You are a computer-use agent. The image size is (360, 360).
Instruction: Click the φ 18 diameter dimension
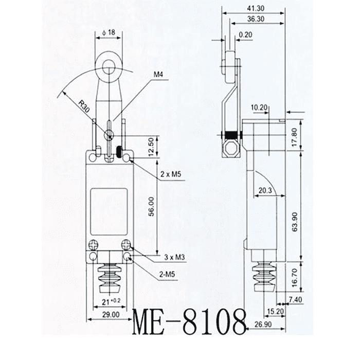[109, 32]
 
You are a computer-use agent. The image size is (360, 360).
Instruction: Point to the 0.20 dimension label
[246, 35]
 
